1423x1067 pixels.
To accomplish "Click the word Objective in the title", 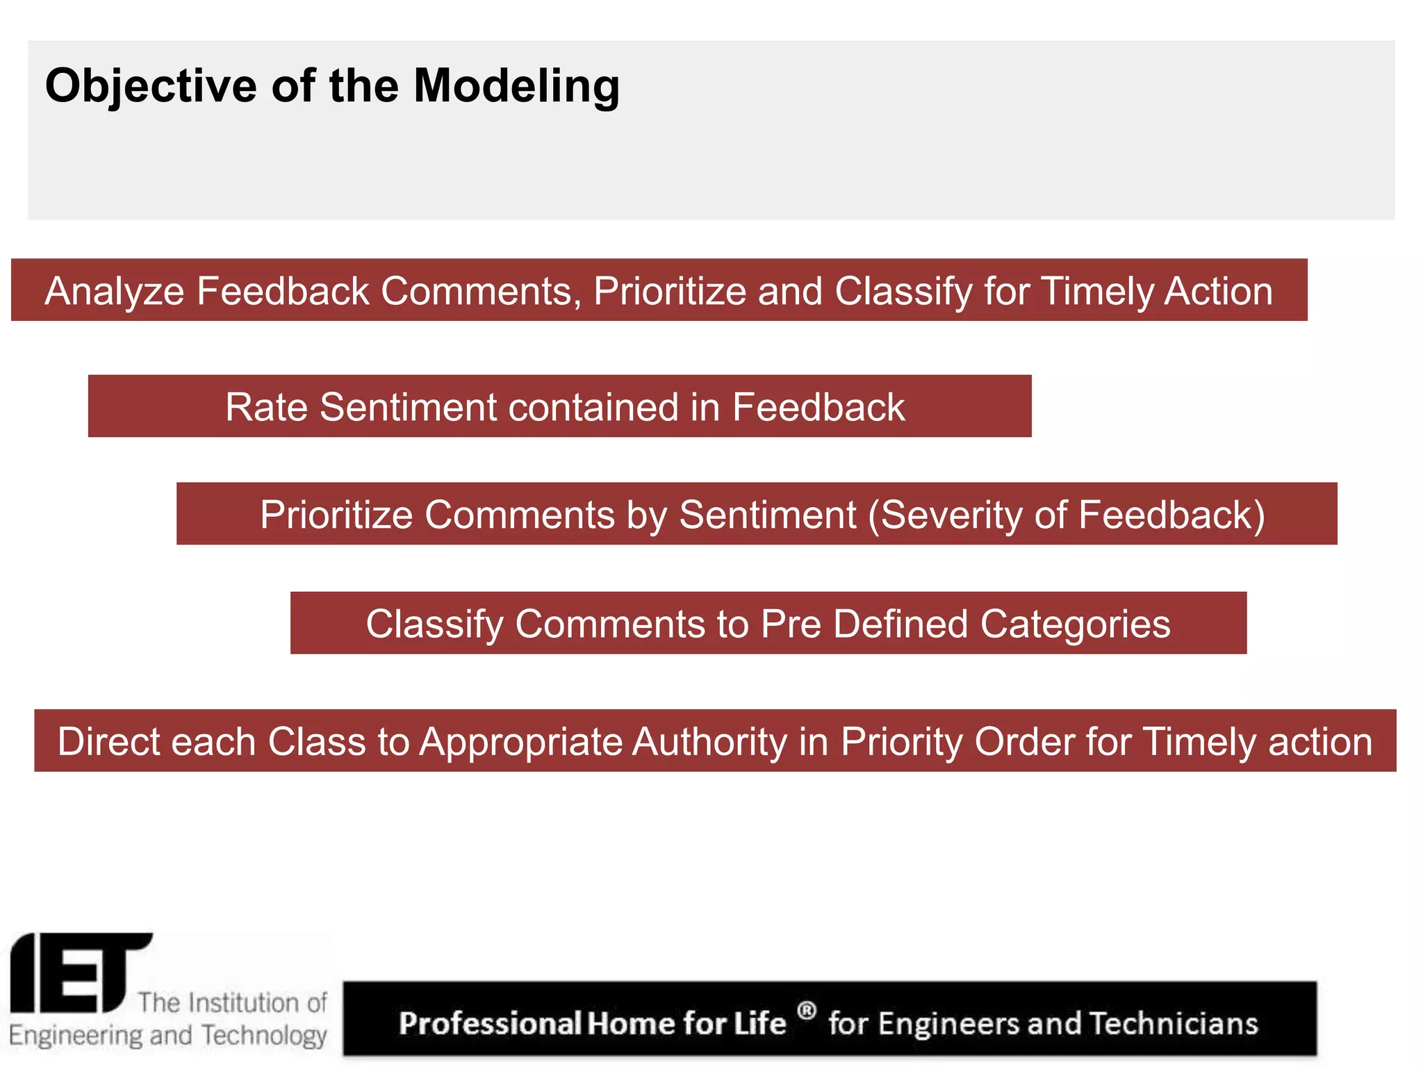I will click(x=151, y=86).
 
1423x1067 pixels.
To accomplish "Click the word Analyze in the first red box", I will click(x=114, y=290).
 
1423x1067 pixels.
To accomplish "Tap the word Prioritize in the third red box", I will click(x=336, y=515).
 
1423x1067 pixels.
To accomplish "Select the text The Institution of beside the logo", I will click(x=232, y=1002).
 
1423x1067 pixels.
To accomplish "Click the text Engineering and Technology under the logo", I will click(x=167, y=1035).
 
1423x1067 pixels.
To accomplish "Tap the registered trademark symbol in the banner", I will click(x=806, y=1010).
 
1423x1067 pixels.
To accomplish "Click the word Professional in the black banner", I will click(x=491, y=1024).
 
